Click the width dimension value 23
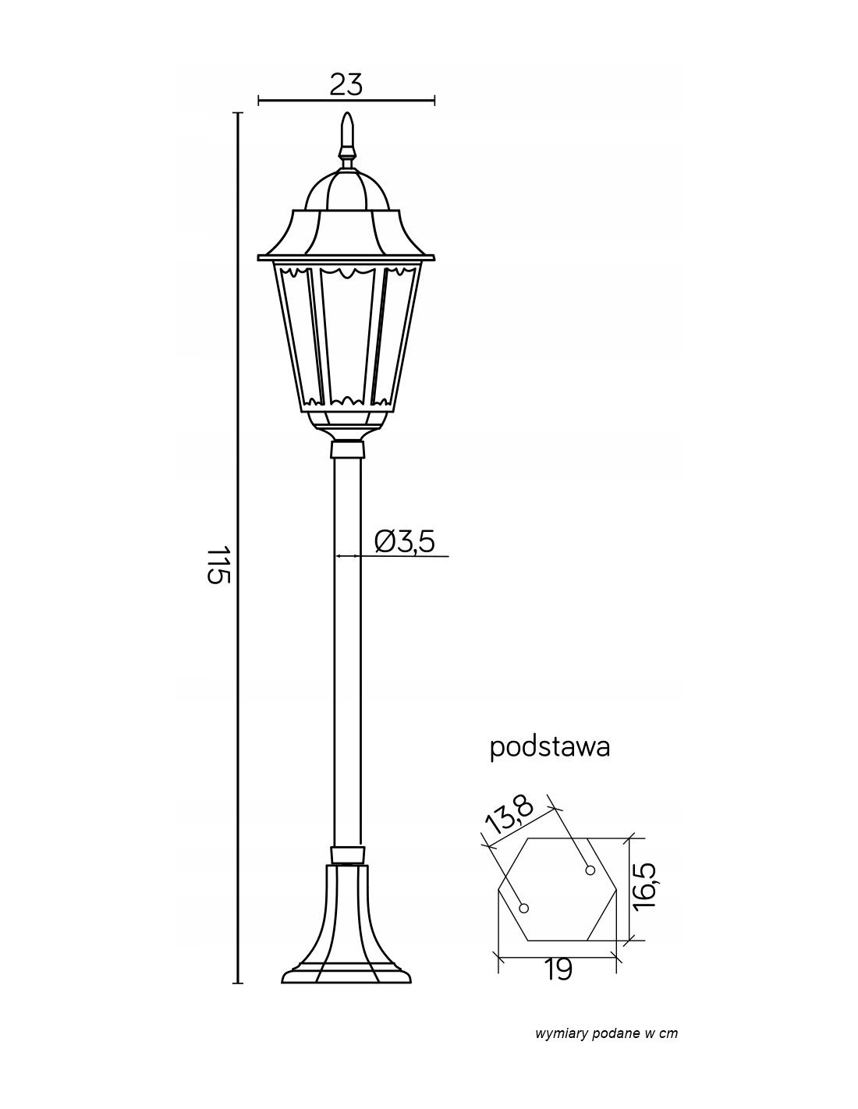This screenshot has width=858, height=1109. point(346,84)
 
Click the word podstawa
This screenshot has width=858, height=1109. point(550,748)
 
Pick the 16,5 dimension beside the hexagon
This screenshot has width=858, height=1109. point(645,884)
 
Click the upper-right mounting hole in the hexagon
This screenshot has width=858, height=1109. point(590,870)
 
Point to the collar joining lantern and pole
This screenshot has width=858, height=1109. point(348,449)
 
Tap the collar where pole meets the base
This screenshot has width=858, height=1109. point(348,855)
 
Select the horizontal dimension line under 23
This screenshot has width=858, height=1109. point(346,101)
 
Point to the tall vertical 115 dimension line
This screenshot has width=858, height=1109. point(237,547)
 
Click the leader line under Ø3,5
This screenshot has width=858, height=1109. point(392,556)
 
